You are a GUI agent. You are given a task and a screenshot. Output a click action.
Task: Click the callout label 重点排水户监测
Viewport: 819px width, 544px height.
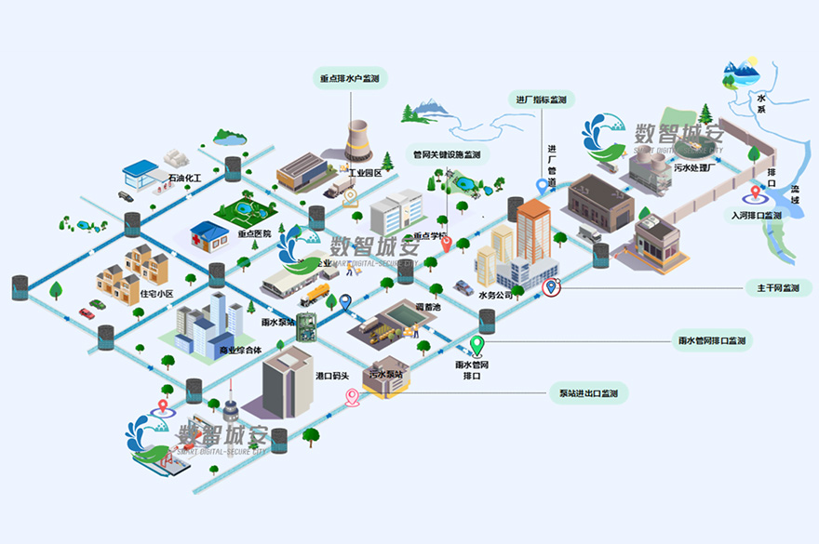coord(349,79)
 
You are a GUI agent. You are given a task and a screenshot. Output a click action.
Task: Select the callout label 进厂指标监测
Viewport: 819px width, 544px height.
coord(541,100)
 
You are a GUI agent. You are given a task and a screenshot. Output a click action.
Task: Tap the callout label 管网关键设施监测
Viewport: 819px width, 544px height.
coord(447,154)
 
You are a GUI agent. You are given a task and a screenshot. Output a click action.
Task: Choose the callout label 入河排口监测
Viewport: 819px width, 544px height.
coord(756,215)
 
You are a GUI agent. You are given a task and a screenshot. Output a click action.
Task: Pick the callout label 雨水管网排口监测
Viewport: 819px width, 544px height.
coord(712,341)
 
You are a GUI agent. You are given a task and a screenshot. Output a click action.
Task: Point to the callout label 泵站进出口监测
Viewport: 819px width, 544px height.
coord(587,393)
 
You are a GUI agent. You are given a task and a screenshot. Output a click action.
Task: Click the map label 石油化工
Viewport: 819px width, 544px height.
coord(184,176)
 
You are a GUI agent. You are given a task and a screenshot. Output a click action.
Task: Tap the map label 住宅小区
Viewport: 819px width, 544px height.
coord(156,294)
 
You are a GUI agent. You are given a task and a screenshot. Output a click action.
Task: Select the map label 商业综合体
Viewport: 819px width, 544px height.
coord(240,351)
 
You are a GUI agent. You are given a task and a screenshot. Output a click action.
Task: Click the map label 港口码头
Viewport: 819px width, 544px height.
coord(332,376)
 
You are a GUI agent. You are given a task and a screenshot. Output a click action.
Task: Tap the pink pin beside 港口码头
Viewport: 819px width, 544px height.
coord(353,397)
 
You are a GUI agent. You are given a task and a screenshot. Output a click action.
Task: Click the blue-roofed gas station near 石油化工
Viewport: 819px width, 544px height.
coord(141,174)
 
